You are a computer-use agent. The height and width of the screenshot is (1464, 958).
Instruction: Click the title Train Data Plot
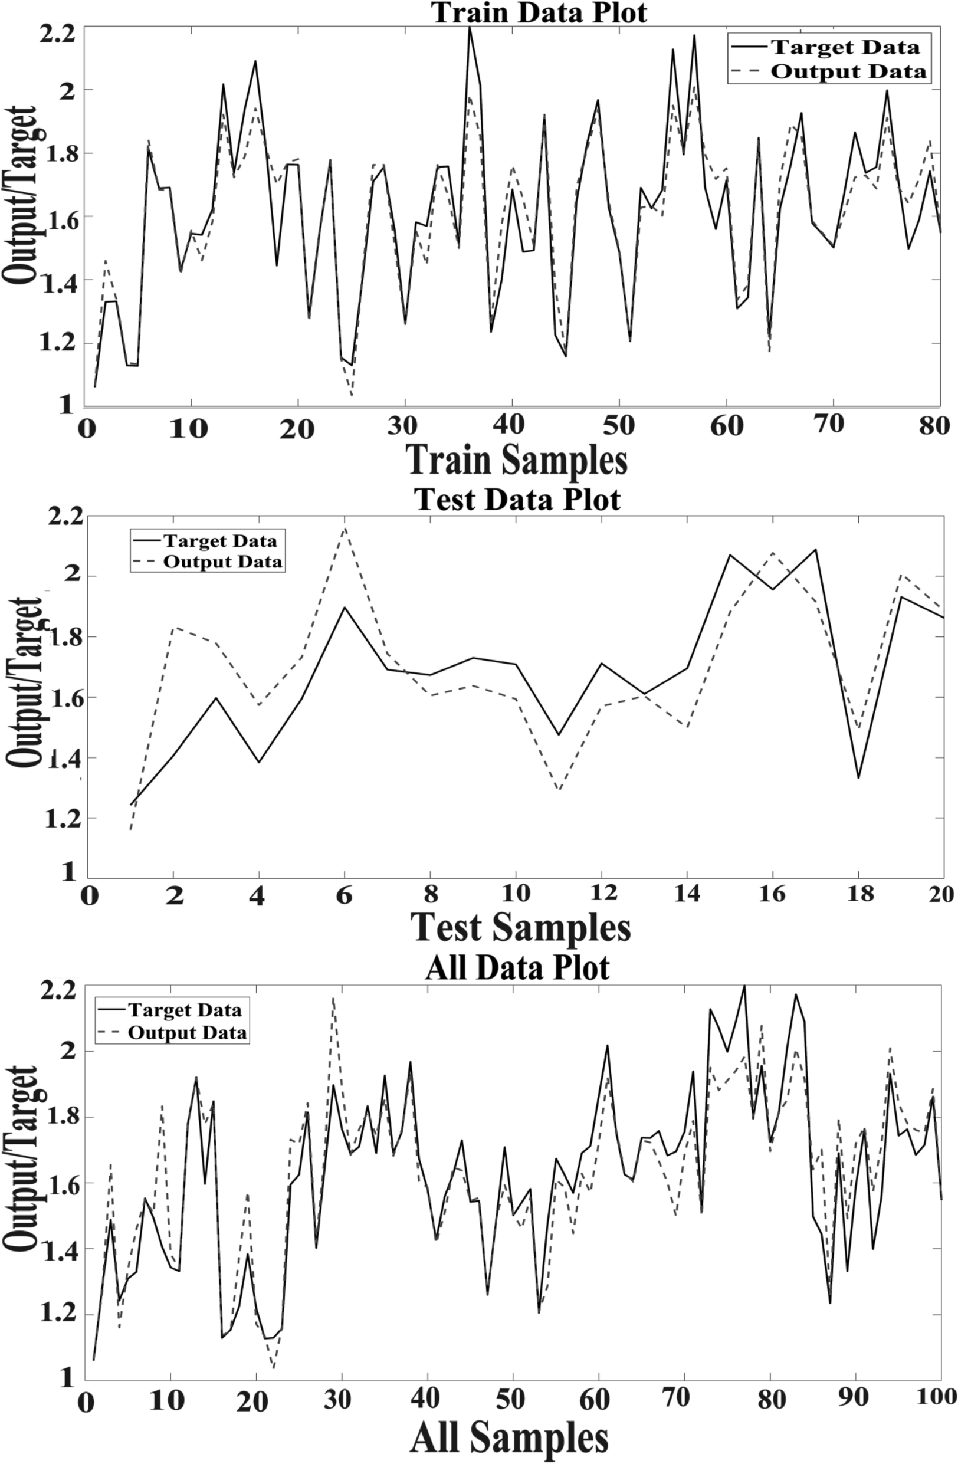(539, 12)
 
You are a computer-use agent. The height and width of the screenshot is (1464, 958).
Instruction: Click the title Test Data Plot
(518, 499)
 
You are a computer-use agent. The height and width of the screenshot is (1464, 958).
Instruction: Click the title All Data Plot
(517, 967)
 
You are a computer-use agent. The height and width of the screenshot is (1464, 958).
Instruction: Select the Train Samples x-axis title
(517, 460)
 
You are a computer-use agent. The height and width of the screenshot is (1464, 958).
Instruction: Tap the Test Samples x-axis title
(520, 927)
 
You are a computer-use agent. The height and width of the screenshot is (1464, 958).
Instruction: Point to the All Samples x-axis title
(510, 1438)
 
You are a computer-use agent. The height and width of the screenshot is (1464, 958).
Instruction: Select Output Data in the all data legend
(187, 1033)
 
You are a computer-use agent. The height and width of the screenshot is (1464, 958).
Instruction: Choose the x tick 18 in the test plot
(859, 894)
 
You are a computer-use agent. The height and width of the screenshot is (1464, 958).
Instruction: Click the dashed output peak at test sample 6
(345, 527)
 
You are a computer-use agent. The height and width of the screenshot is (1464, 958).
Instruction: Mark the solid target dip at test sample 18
(858, 778)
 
